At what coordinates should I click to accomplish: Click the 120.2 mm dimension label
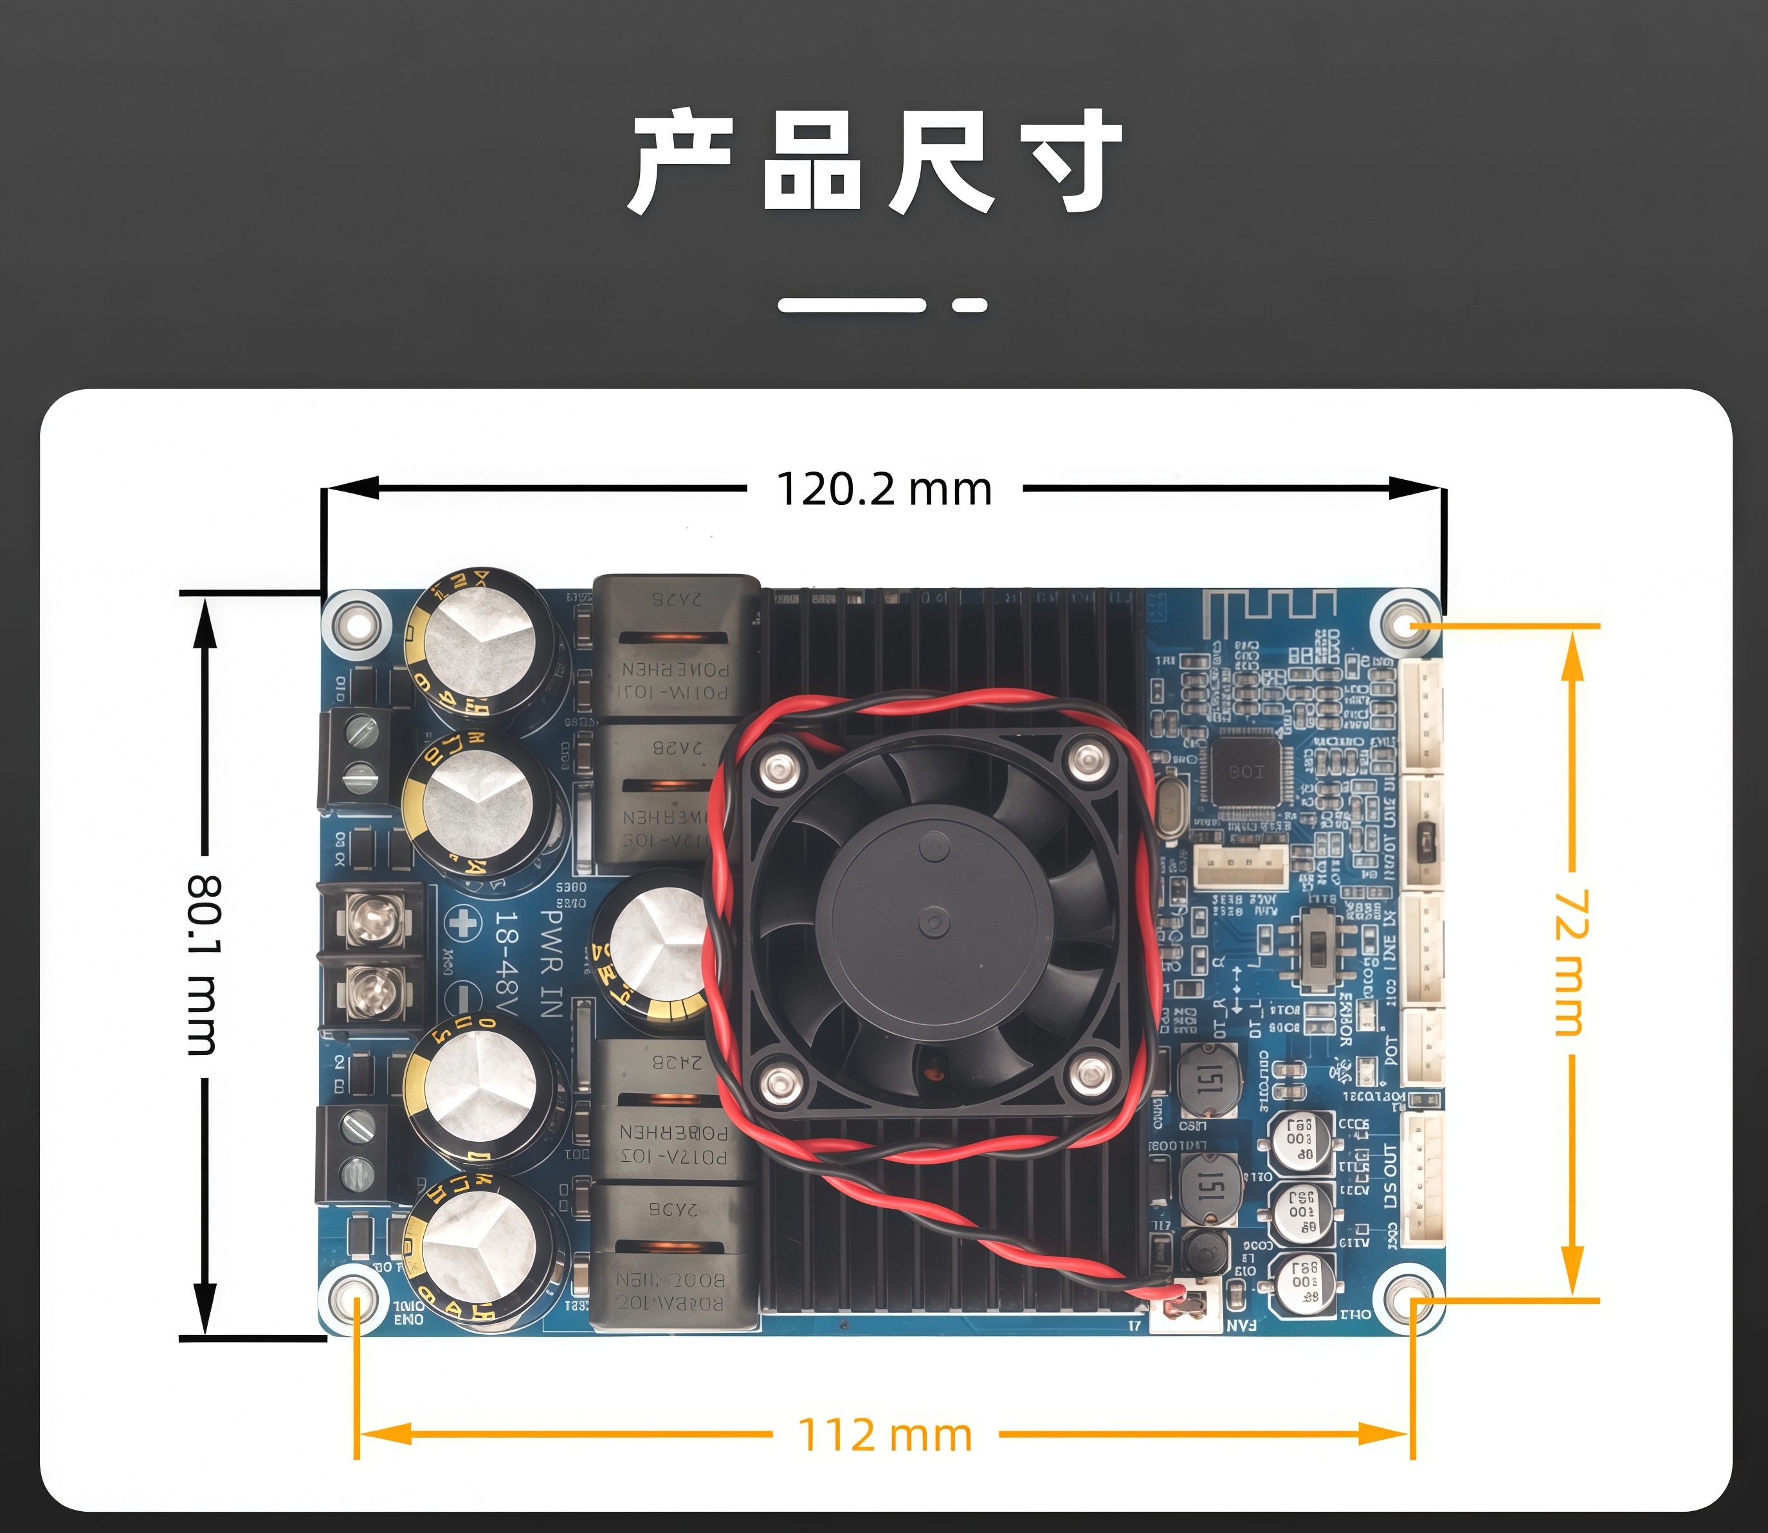884,490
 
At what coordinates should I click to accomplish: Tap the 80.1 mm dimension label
204,964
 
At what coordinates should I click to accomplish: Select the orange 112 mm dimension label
884,1435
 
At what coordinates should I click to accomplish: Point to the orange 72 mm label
1571,962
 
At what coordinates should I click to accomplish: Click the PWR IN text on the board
552,963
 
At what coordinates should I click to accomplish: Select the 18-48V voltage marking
507,963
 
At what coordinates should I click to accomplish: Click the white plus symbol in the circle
463,923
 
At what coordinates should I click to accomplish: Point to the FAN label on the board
1242,1325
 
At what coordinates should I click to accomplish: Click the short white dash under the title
969,304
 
